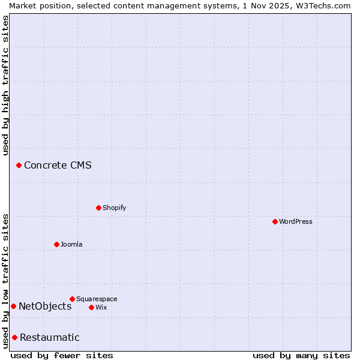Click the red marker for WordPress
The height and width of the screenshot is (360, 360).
pos(275,221)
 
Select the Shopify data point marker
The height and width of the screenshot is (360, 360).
pos(98,208)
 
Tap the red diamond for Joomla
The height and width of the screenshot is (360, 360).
pos(56,244)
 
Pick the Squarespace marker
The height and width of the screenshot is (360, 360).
pos(72,299)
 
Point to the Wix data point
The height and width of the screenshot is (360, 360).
pos(91,307)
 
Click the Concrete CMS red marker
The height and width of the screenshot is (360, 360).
pos(19,165)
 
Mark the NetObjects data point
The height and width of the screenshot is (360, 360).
pos(13,306)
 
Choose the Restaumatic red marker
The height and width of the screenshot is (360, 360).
pos(14,337)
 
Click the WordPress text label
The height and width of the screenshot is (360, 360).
pos(296,221)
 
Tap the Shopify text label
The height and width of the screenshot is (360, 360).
pos(114,208)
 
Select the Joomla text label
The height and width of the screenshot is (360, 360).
pos(71,244)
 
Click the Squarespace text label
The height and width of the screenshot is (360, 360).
pos(97,299)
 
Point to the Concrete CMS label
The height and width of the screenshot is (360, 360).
pos(58,165)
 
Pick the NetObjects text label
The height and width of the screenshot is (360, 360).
pos(45,306)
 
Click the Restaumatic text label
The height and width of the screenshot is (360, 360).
pos(49,337)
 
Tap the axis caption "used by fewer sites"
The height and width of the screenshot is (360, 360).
pos(62,355)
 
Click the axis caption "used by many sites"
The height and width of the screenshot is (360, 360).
pos(301,355)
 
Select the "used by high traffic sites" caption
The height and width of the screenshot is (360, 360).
pos(5,85)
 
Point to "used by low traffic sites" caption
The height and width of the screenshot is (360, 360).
pos(5,281)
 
